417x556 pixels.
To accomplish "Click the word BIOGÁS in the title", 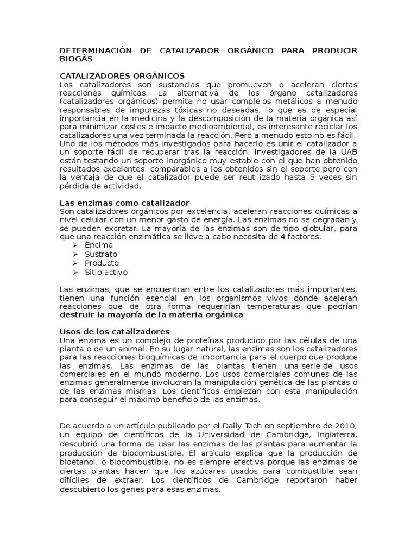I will coord(76,59).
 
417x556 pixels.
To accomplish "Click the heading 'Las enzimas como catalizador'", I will coord(124,203).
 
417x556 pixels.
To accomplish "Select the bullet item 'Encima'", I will coord(99,245).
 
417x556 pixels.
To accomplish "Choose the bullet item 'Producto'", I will coord(102,263).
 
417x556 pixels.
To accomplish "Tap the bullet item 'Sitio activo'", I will coord(106,272).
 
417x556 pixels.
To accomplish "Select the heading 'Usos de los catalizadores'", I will coord(115,331).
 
